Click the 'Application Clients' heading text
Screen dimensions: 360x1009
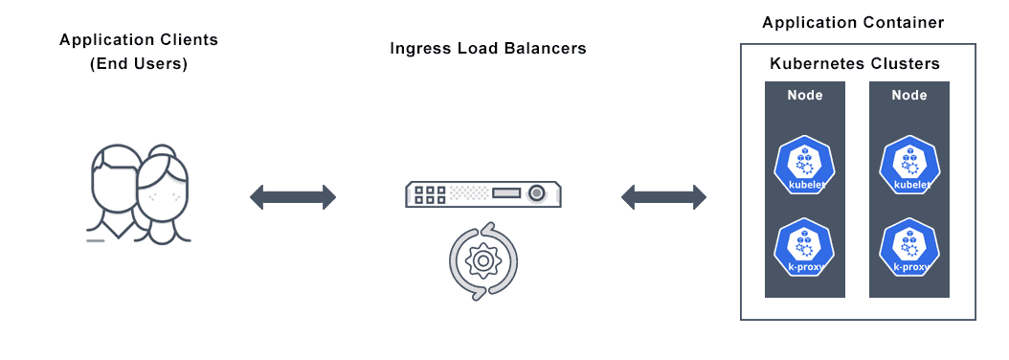[x=139, y=40]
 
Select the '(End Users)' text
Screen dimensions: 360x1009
[x=139, y=64]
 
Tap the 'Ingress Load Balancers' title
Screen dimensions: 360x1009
[x=488, y=48]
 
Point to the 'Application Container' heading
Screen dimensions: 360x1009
[x=853, y=22]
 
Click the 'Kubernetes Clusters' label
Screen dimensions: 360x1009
[x=855, y=64]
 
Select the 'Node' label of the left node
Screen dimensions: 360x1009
[x=805, y=95]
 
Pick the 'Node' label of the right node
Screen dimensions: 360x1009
[x=908, y=95]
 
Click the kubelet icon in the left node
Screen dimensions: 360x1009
[x=805, y=165]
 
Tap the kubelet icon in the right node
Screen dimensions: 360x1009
[x=908, y=165]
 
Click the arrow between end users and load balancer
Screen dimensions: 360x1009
[x=293, y=197]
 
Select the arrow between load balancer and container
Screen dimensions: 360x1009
[x=663, y=198]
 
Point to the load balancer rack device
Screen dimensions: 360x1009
[x=482, y=194]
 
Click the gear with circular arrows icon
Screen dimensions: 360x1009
[x=483, y=260]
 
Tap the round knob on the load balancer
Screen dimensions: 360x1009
[x=539, y=194]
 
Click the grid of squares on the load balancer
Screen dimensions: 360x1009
[x=430, y=194]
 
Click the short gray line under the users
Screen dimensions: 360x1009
[x=95, y=240]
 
